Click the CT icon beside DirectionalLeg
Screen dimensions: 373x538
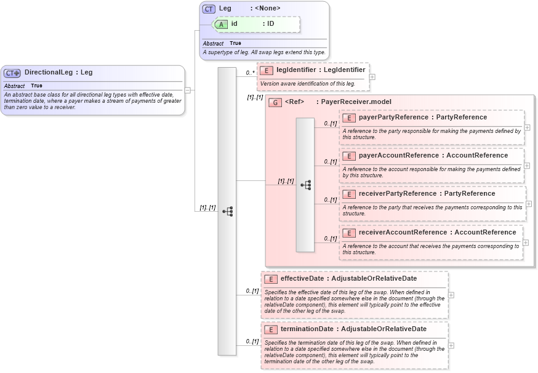click(x=12, y=73)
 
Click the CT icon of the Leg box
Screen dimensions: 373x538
click(x=209, y=9)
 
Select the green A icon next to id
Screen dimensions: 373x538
click(x=221, y=24)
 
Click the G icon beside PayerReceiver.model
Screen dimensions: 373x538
click(x=275, y=102)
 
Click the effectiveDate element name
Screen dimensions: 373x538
click(x=302, y=278)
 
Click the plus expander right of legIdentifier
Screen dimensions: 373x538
click(x=372, y=77)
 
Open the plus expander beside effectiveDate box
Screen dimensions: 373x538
click(x=451, y=295)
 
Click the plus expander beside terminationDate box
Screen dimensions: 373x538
click(x=451, y=345)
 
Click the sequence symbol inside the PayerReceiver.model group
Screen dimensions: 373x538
click(x=305, y=185)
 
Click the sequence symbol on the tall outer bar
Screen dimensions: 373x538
click(x=227, y=211)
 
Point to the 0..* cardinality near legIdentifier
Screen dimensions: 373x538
click(x=250, y=73)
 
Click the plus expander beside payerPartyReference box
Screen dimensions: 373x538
click(x=527, y=127)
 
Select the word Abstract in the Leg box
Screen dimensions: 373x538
click(x=213, y=44)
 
